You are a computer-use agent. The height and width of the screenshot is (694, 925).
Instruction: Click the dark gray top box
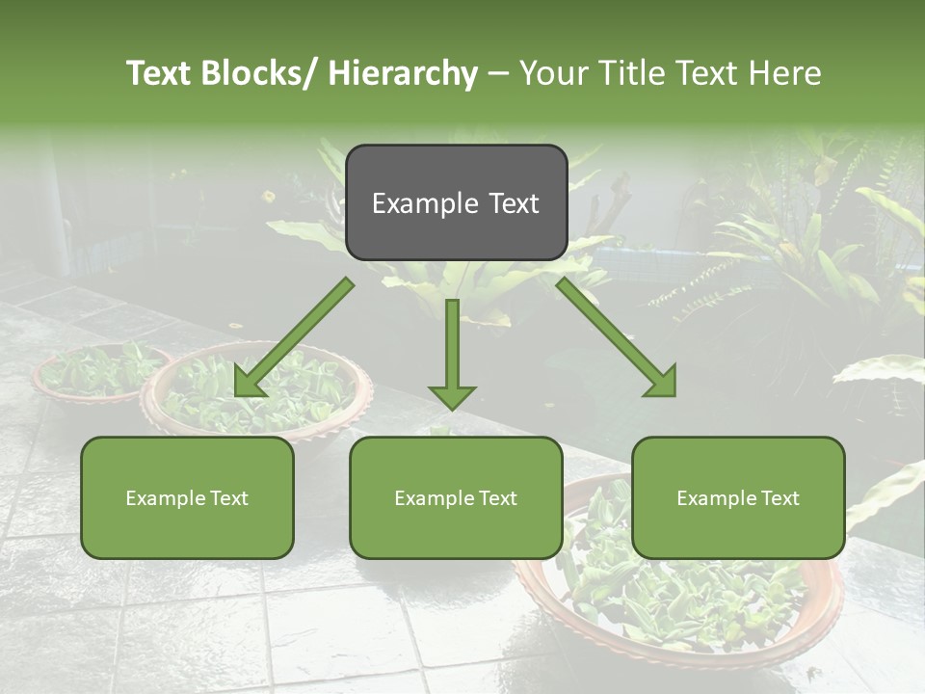(456, 202)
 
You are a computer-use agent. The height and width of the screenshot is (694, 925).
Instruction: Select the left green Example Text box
(187, 497)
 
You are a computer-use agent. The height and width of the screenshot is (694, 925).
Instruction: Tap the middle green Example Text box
(456, 497)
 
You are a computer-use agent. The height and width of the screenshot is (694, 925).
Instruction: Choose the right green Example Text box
(738, 497)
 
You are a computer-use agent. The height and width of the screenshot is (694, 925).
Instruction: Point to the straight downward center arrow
(452, 347)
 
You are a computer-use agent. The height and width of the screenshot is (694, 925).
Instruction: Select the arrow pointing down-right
(613, 334)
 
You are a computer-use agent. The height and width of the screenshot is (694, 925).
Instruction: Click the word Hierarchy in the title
(403, 73)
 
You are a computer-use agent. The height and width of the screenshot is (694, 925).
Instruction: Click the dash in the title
(498, 73)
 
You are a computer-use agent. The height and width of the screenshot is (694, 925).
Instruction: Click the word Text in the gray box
(514, 203)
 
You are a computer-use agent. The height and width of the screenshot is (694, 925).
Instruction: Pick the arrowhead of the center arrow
(452, 395)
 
